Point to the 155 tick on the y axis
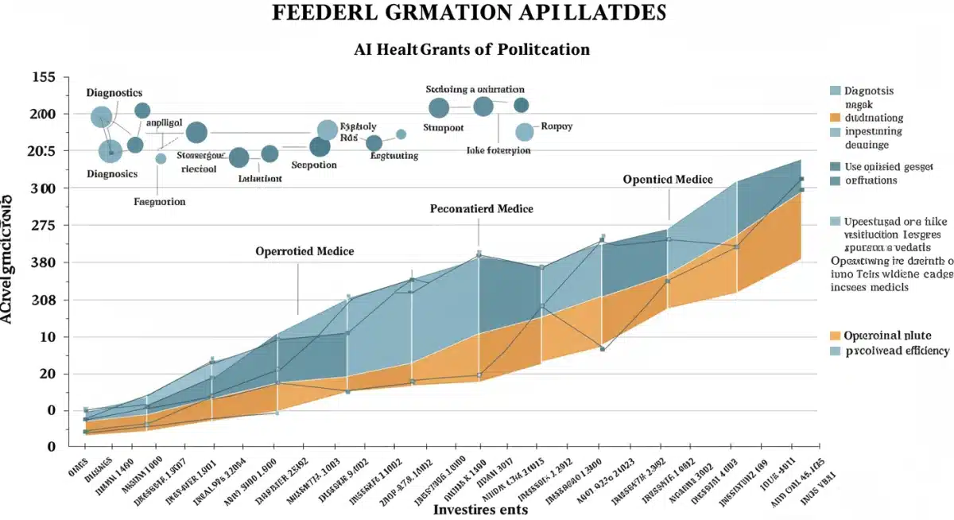pos(42,78)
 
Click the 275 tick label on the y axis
pos(42,226)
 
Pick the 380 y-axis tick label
pos(42,263)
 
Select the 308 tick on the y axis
pos(42,301)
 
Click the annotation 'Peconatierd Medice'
pos(481,209)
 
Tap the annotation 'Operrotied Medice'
pos(304,251)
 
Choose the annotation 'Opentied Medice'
pos(668,180)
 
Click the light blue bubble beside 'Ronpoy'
pos(524,132)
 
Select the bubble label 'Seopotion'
pos(314,165)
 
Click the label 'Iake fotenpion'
pos(498,150)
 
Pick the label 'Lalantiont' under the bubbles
pos(260,179)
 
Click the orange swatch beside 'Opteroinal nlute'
pos(835,336)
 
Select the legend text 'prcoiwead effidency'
pos(898,351)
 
